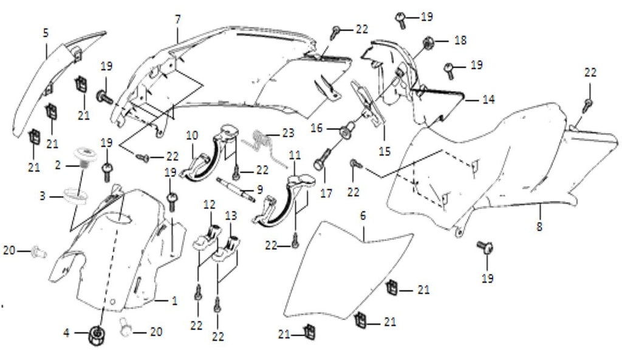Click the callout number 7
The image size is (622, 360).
177,19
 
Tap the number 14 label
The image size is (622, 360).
489,98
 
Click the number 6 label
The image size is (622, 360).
363,216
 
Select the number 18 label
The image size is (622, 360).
460,40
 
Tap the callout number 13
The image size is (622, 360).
231,216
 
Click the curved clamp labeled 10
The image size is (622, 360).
201,161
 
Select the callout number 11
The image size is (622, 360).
295,155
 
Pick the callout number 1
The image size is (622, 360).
175,300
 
